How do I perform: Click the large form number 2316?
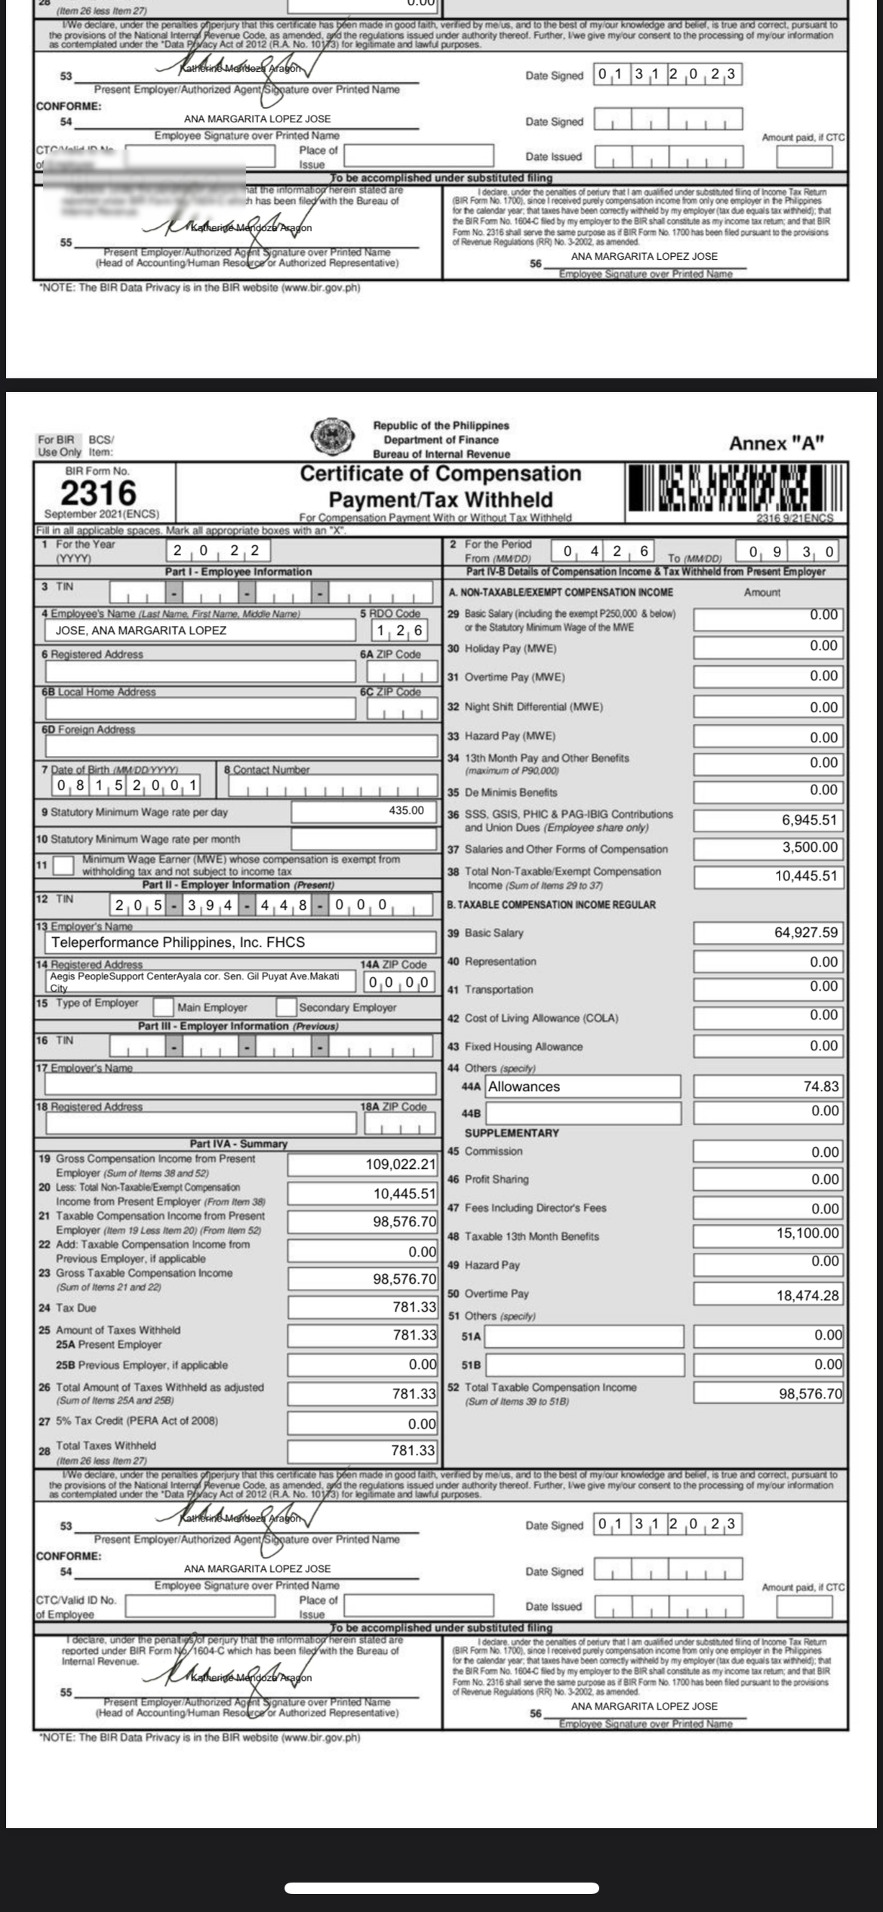(99, 493)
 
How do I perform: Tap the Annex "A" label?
(776, 443)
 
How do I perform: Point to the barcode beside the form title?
(731, 488)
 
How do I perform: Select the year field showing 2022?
(217, 550)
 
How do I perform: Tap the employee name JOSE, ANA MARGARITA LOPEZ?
(141, 630)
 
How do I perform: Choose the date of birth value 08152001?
(126, 785)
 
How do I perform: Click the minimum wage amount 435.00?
(406, 810)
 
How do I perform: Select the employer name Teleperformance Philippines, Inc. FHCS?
(178, 942)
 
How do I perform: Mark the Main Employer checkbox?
(163, 1007)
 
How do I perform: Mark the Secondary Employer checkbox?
(286, 1007)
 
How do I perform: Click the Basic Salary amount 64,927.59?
(805, 933)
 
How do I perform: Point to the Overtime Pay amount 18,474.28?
(807, 1295)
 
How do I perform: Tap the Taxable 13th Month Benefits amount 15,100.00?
(807, 1233)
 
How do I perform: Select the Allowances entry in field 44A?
(525, 1087)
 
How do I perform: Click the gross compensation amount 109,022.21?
(401, 1164)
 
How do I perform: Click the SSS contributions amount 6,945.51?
(809, 820)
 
